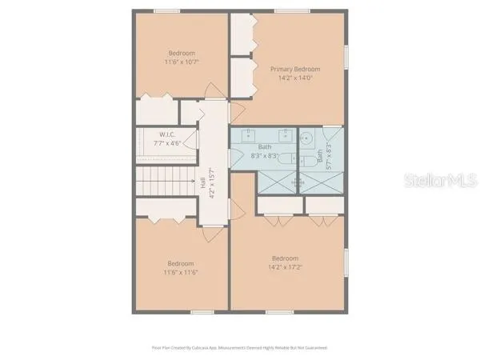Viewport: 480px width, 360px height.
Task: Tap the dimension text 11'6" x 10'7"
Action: pos(182,61)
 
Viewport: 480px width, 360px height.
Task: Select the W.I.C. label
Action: pos(167,134)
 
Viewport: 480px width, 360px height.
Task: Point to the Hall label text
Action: pos(202,183)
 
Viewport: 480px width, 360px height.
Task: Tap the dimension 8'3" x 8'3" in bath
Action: pos(265,155)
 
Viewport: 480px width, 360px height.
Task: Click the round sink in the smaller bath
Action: pos(305,138)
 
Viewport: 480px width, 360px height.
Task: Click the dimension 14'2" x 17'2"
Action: pos(285,266)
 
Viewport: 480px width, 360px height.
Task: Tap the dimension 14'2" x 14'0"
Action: pos(295,78)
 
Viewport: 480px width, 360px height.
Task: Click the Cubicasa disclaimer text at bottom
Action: pos(240,348)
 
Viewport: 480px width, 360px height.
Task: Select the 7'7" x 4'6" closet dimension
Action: pos(167,143)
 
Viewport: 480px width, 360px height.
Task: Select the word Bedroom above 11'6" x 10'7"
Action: pos(182,53)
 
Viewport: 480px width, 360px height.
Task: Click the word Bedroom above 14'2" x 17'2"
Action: pos(285,258)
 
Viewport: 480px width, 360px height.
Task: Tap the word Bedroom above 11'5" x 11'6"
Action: pos(181,264)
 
